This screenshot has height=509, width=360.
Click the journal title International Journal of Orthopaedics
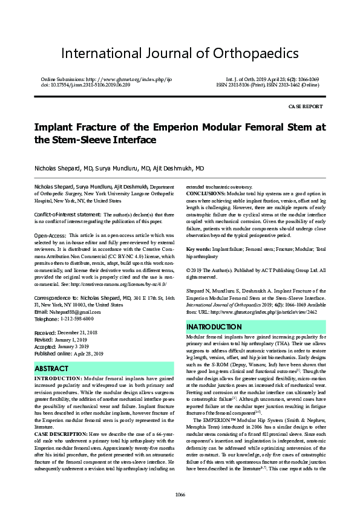point(180,53)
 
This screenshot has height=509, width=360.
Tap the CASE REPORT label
point(306,106)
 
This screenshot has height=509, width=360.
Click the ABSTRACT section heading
point(51,368)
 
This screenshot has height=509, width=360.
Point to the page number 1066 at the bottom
point(180,494)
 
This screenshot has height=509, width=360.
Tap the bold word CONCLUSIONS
point(206,193)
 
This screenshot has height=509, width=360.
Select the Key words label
point(198,249)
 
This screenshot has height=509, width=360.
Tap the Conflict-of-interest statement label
point(68,215)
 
